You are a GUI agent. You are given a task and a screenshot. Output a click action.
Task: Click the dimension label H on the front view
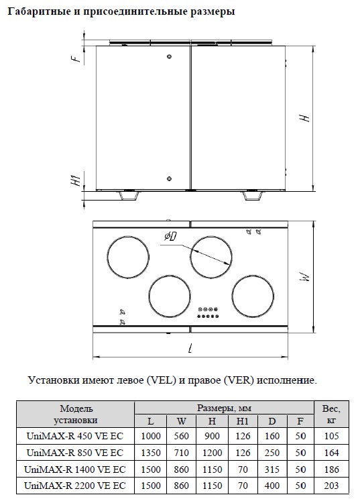click(x=305, y=117)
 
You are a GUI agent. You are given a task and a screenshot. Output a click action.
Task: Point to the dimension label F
click(x=76, y=58)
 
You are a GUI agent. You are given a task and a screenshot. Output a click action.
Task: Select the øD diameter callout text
click(x=171, y=237)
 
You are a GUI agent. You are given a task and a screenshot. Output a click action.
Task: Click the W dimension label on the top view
click(x=305, y=276)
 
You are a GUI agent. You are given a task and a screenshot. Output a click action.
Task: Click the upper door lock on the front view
click(x=170, y=56)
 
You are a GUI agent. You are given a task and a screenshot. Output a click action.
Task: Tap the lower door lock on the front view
click(x=170, y=178)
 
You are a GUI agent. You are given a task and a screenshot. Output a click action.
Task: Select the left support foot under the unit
click(x=129, y=196)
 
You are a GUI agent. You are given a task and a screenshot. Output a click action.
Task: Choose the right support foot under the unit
click(x=253, y=196)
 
